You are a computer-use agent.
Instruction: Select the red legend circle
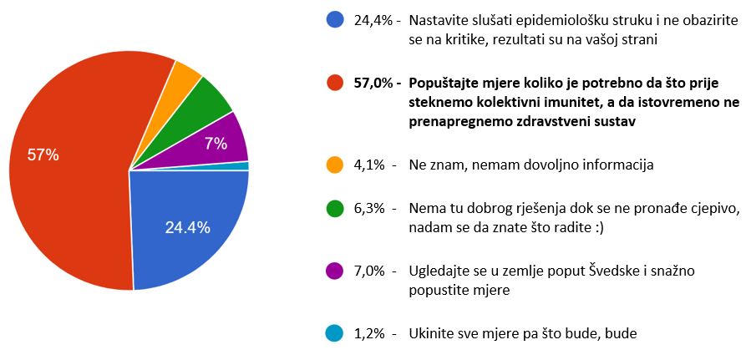click(x=336, y=83)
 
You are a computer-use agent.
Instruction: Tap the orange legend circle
click(x=336, y=165)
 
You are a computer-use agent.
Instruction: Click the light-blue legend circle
click(x=336, y=334)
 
